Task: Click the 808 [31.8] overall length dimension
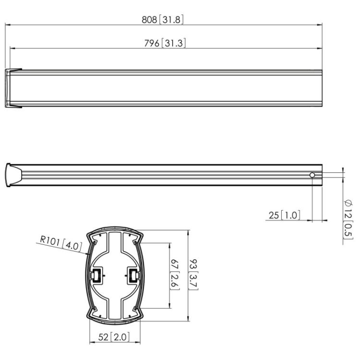point(163,20)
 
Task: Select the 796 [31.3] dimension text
point(165,43)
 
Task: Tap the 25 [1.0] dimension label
point(285,215)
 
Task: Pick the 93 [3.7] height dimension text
point(197,275)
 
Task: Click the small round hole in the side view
point(312,176)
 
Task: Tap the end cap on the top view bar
point(13,88)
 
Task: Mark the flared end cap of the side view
point(12,176)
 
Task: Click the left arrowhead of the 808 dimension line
point(7,25)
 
